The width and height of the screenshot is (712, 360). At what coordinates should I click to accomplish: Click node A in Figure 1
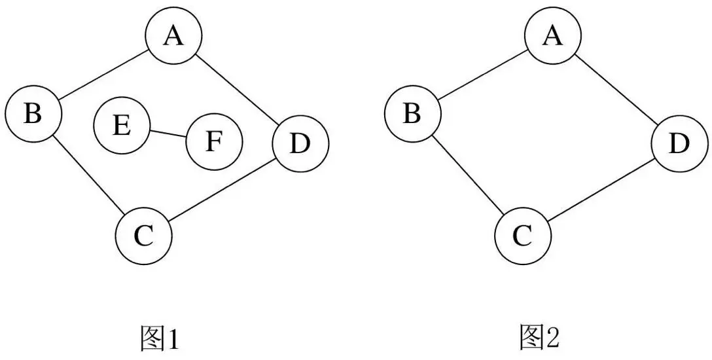173,37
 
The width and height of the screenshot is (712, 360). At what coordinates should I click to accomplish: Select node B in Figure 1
33,114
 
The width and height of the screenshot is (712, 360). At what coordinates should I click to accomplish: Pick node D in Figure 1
300,144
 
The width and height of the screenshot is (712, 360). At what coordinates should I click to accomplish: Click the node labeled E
122,125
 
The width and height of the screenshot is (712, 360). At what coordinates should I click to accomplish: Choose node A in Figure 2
553,37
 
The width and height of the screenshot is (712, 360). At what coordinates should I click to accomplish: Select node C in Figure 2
522,236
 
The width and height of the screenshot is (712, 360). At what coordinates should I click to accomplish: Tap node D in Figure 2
679,144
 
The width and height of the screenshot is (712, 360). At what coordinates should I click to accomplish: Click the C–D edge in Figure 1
221,190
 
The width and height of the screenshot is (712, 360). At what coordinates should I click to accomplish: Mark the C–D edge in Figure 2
601,190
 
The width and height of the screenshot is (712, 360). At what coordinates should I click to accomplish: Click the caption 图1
159,338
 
